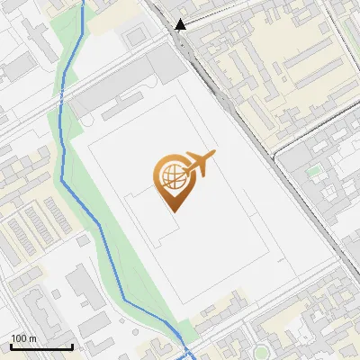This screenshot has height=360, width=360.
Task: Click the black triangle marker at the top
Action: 181,24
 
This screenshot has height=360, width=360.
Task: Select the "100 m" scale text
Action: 23,338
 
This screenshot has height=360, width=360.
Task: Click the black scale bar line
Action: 41,346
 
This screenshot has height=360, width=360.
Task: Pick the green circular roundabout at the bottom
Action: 260,350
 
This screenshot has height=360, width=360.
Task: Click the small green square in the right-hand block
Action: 313,169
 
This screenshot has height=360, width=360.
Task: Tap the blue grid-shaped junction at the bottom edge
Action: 186,353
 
